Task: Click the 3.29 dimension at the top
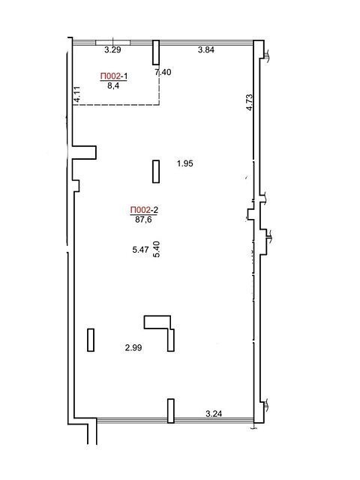pos(112,50)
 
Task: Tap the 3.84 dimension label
pos(205,50)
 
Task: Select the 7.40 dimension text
pos(163,72)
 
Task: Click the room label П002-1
pos(113,76)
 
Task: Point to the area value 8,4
pos(113,85)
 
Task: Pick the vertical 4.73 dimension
pos(249,102)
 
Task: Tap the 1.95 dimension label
pos(185,163)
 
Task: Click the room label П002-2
pos(144,210)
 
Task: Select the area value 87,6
pos(143,220)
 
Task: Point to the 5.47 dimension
pos(140,250)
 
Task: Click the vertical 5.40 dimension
pos(156,249)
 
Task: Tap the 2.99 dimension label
pos(133,348)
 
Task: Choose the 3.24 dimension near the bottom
pos(214,415)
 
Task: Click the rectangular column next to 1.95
pos(156,172)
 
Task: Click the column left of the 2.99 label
pos(91,340)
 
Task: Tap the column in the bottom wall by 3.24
pos(171,411)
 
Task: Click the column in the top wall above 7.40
pos(156,52)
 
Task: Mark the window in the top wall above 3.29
pos(113,43)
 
